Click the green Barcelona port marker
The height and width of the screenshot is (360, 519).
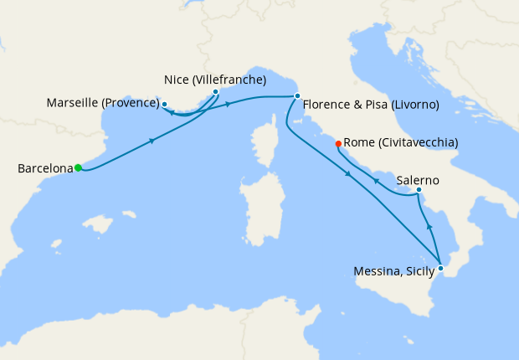(78, 167)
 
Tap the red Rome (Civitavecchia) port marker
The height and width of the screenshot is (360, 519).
(338, 144)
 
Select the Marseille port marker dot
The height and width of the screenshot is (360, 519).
(165, 105)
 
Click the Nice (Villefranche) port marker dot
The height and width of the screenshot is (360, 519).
(216, 92)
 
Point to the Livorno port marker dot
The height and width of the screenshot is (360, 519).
(297, 96)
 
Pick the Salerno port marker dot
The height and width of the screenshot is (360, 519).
(419, 191)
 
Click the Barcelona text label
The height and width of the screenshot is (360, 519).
(45, 168)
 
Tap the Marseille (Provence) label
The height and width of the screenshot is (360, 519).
(102, 103)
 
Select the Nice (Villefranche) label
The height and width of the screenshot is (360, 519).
(215, 80)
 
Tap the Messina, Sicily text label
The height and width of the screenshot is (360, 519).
(393, 270)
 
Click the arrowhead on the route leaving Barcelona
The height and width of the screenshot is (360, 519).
(152, 141)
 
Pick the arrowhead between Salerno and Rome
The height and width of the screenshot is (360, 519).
(376, 181)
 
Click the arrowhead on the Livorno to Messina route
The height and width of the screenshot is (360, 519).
(347, 173)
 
